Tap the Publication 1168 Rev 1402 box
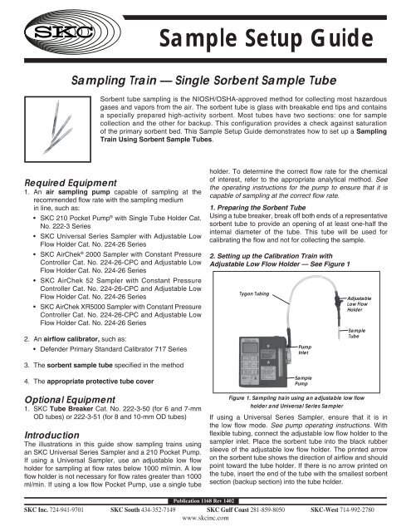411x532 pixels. point(204,502)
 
